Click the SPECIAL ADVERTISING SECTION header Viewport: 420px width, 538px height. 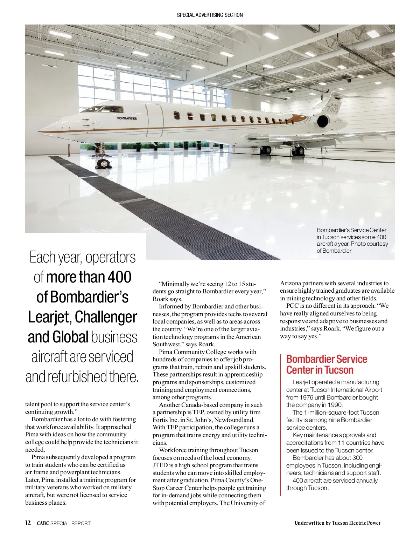[x=210, y=15]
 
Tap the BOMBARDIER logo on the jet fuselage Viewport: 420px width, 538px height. [x=127, y=118]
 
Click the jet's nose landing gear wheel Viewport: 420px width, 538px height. [x=103, y=163]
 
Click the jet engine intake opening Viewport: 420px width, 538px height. [x=323, y=122]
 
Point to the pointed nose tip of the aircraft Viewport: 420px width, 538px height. [x=40, y=131]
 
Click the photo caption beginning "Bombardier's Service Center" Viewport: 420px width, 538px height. [x=352, y=240]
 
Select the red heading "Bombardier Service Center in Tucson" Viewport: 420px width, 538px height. [x=326, y=364]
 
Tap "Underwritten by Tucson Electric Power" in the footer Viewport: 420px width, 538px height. [x=337, y=523]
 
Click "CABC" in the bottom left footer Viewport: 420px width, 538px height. [x=43, y=523]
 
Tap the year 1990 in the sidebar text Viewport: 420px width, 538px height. [x=335, y=405]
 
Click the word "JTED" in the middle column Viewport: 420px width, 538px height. [x=160, y=465]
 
